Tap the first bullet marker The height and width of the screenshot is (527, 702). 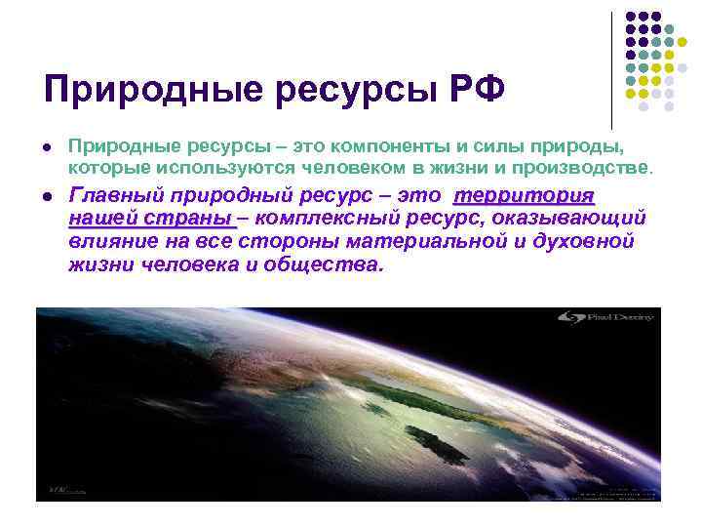coord(47,146)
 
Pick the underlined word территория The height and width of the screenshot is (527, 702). coord(525,195)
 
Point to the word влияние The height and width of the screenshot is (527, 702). coord(106,241)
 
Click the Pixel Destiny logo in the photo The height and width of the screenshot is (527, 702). coord(604,318)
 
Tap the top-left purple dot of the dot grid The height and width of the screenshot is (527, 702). coord(630,17)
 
